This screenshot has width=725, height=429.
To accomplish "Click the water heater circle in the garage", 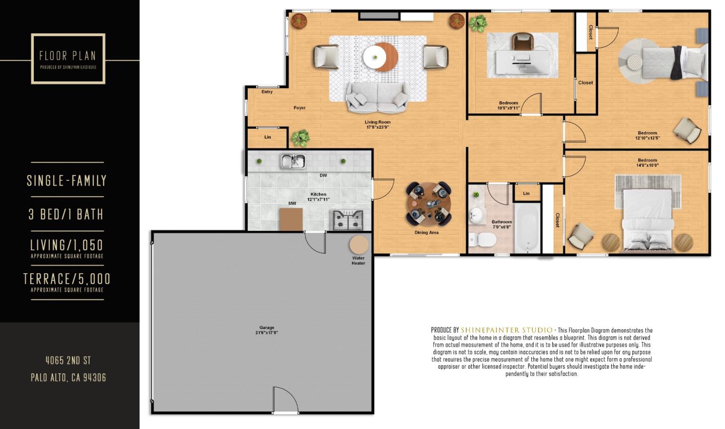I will [x=359, y=245].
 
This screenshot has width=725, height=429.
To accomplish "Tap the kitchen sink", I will [x=293, y=161].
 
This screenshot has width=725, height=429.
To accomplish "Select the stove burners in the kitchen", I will [x=347, y=220].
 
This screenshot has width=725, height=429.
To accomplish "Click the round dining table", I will [x=428, y=203].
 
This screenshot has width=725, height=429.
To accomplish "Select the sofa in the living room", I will [x=377, y=98].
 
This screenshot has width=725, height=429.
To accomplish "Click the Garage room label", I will [x=267, y=328].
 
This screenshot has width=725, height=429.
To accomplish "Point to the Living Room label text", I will [x=378, y=122].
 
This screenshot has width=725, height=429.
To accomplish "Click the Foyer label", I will [x=300, y=108].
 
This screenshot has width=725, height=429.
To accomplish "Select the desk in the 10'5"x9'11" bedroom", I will [x=522, y=62].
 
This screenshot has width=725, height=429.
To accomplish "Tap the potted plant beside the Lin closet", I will [x=301, y=137].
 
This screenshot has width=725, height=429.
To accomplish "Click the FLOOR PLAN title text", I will [x=67, y=56].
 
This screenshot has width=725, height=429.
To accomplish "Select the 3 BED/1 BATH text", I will [x=66, y=214].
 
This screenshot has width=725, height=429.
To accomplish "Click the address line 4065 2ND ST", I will [x=68, y=360].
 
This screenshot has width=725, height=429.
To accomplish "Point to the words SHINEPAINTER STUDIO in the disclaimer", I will [x=506, y=330].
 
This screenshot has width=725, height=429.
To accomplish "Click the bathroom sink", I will [x=475, y=216].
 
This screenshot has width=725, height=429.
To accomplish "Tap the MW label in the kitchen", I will [x=292, y=204].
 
